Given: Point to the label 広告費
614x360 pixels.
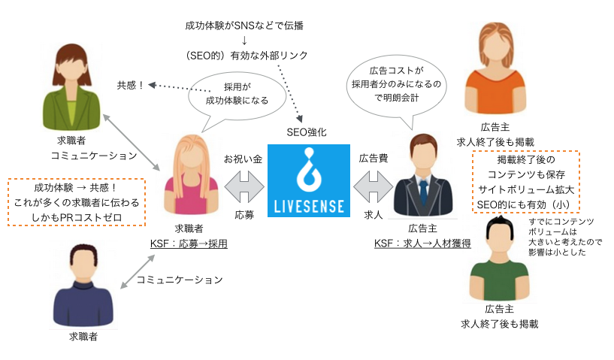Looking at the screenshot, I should (374, 160).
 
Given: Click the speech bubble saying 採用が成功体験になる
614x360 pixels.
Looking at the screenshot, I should (237, 94).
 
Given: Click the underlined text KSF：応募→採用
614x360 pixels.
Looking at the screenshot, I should (189, 244).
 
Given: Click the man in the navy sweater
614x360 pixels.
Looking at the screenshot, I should (83, 286).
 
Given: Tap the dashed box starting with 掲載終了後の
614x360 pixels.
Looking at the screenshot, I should (526, 183).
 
